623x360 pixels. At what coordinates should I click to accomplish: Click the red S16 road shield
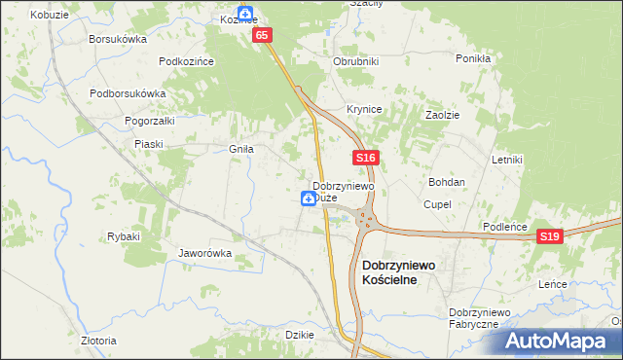[366, 158]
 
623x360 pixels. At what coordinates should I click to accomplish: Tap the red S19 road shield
[551, 235]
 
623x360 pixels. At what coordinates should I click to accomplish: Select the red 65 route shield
[262, 35]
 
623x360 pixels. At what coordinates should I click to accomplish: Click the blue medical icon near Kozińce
[246, 15]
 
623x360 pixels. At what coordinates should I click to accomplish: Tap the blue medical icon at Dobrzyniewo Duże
[308, 198]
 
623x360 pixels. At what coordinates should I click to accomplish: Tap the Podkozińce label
[186, 60]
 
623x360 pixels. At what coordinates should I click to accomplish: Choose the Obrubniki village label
[355, 61]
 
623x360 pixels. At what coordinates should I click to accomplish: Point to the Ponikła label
[473, 58]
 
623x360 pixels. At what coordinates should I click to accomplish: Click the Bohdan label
[447, 182]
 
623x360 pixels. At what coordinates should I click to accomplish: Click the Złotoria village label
[98, 341]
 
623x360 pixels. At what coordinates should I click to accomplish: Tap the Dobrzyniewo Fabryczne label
[474, 317]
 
